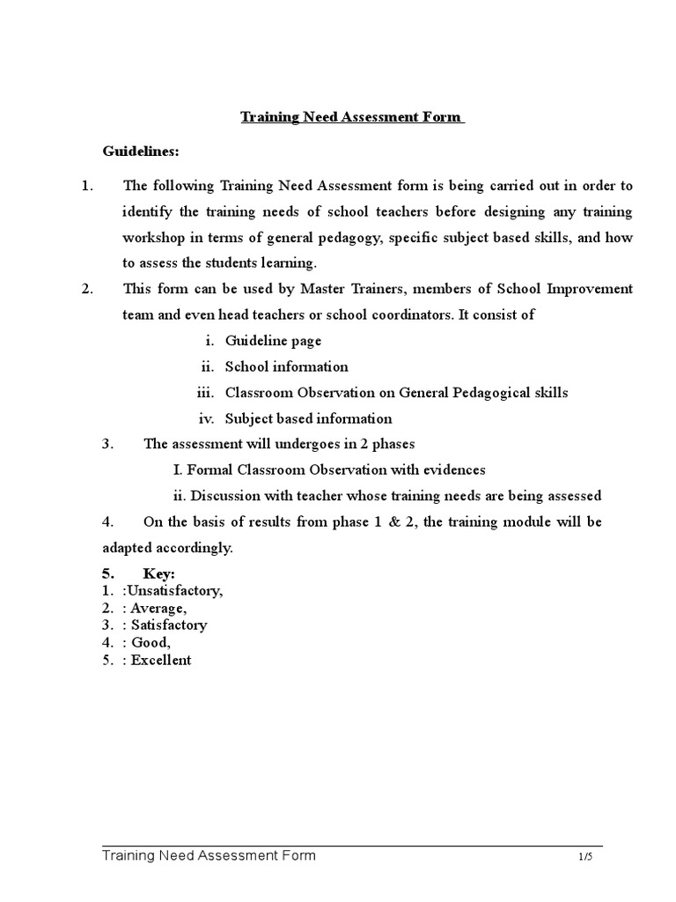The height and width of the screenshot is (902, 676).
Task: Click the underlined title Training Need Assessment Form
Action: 351,117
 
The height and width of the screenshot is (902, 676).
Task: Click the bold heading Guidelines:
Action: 141,152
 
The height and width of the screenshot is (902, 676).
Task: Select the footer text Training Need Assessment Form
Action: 209,855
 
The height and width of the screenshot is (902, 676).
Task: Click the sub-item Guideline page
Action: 273,341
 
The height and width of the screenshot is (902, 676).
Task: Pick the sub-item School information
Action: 286,366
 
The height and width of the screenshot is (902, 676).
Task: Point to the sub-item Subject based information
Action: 308,418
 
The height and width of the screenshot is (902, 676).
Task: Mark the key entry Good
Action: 152,642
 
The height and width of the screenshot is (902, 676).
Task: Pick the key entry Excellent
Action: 161,660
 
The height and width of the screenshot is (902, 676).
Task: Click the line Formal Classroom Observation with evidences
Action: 329,470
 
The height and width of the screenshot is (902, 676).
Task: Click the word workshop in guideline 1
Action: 151,238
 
